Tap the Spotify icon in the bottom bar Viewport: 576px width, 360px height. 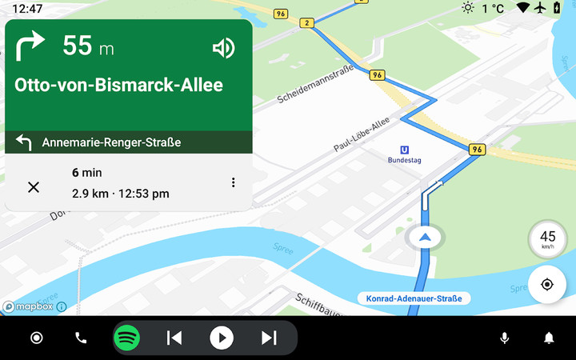click(126, 338)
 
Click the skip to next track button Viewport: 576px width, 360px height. click(269, 338)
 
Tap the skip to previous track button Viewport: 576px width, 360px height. click(174, 338)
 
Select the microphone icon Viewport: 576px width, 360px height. click(504, 338)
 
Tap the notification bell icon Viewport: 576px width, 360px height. click(549, 338)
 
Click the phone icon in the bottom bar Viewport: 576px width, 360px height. click(81, 338)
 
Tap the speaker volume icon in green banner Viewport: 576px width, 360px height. click(223, 49)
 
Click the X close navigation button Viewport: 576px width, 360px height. click(34, 187)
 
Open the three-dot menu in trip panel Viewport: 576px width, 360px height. click(233, 182)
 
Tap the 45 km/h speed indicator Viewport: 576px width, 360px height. click(547, 239)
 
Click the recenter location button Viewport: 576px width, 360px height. click(547, 285)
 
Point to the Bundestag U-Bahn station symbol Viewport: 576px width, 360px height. click(405, 149)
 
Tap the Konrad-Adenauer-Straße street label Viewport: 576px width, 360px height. click(414, 298)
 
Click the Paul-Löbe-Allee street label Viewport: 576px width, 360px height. click(361, 134)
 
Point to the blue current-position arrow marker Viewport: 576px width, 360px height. click(425, 237)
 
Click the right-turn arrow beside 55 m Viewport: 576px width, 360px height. click(30, 46)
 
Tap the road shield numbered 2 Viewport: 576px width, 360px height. click(306, 22)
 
